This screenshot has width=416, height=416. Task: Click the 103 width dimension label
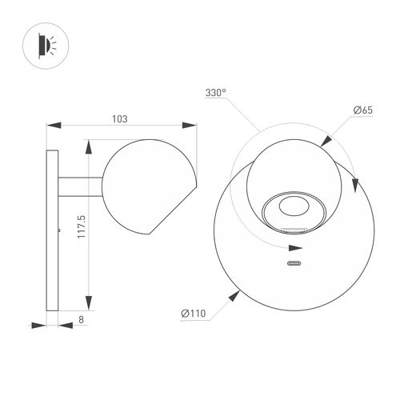coord(120,119)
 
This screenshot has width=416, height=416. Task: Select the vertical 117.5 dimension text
coord(82,226)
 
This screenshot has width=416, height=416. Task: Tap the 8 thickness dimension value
coord(81,319)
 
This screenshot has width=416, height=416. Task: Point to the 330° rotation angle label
coord(215,93)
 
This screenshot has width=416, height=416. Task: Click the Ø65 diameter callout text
coord(363,110)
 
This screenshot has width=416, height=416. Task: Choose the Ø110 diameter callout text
coord(194,314)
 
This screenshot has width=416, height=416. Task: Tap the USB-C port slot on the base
coord(294,263)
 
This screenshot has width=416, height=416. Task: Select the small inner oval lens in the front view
coord(294,206)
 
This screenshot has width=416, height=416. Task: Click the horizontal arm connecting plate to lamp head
coord(80,186)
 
